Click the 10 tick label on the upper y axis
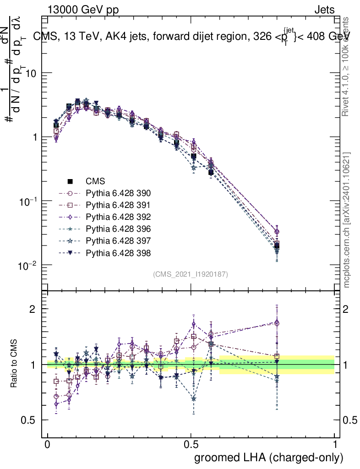tap(30, 73)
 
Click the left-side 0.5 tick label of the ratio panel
tap(29, 420)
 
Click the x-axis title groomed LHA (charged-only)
tap(269, 458)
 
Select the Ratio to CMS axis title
tap(14, 364)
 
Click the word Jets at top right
tap(324, 10)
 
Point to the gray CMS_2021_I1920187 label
tap(191, 274)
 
